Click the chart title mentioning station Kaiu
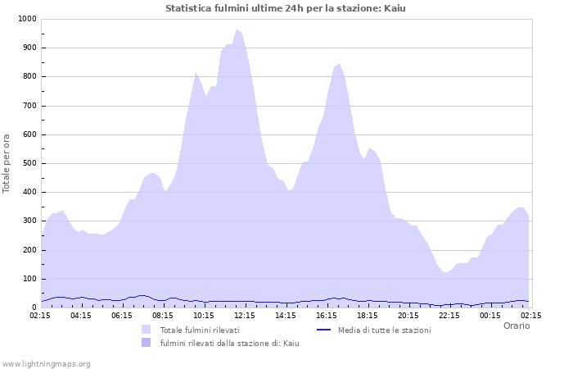(285, 8)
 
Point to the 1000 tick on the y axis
(25, 19)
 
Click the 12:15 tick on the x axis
(245, 315)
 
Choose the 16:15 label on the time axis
(327, 315)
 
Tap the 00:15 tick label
(490, 315)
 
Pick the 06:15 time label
(122, 315)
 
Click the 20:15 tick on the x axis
(408, 315)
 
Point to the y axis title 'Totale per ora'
(7, 163)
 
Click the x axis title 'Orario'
(517, 326)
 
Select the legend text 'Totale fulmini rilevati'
(200, 330)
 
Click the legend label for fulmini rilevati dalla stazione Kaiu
(229, 343)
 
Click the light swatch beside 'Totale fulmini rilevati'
(147, 330)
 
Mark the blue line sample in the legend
(323, 330)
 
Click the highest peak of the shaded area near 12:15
(237, 30)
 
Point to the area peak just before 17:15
(339, 63)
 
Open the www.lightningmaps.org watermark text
(46, 363)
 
